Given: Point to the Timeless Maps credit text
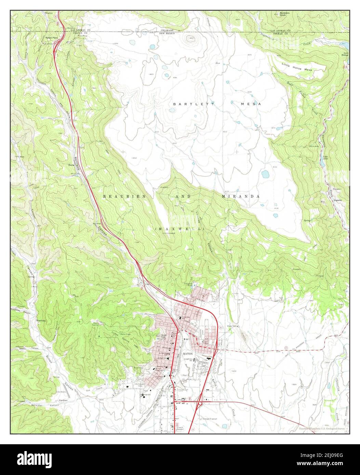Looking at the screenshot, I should click(322, 428).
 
